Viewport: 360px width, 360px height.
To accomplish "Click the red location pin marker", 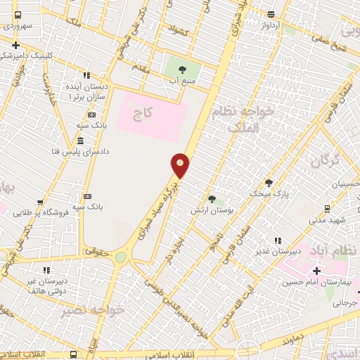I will tap(181, 165).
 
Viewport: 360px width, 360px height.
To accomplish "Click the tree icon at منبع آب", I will tap(183, 70).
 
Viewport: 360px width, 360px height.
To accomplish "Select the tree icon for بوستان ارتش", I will tap(212, 199).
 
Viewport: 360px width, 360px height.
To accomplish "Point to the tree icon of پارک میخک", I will tap(268, 182).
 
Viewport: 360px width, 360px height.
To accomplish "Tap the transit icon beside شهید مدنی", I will tap(327, 208).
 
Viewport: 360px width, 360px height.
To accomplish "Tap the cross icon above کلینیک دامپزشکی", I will tap(15, 45).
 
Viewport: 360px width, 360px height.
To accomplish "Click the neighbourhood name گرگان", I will tap(324, 161).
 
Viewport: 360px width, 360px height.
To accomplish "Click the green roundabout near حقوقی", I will tap(121, 257).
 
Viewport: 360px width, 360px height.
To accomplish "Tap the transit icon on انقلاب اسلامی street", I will tap(73, 354).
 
